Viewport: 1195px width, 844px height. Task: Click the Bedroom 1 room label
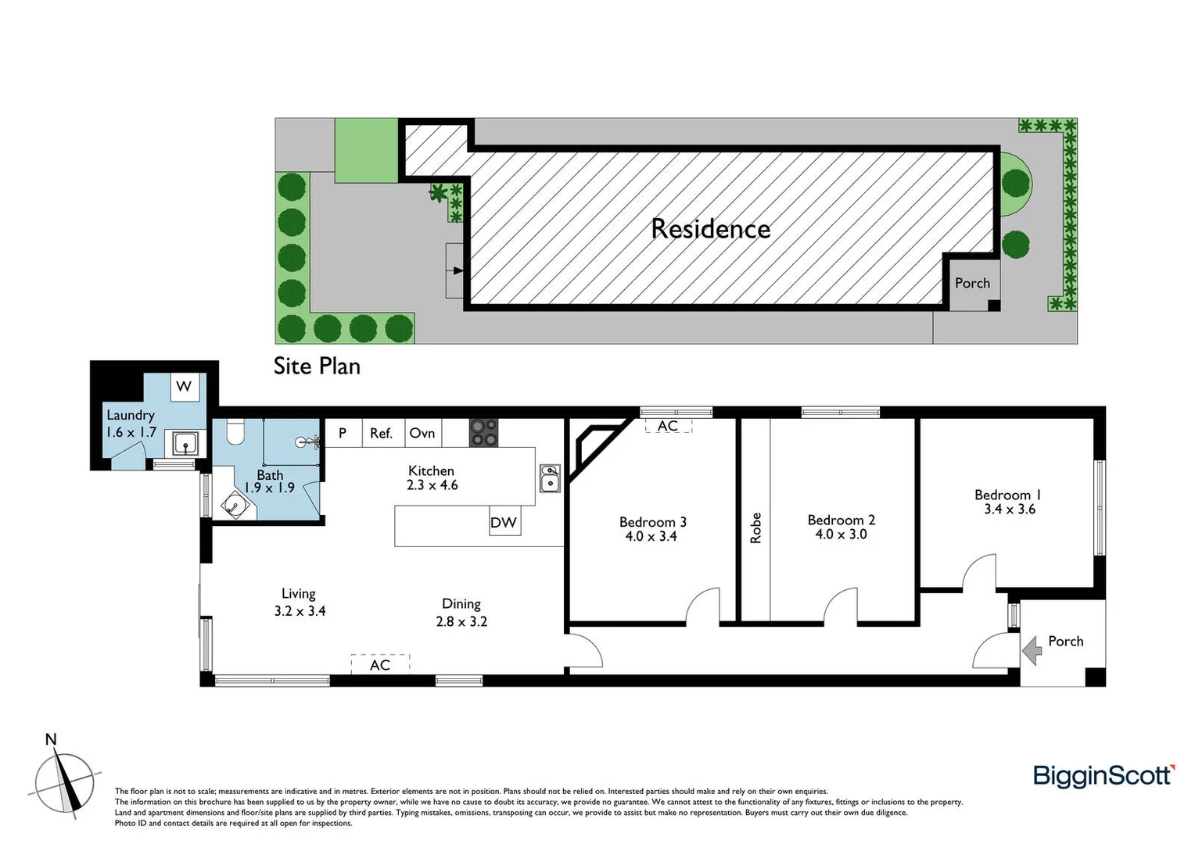pyautogui.click(x=1007, y=495)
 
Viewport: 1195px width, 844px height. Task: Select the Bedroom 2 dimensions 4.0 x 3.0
pyautogui.click(x=841, y=535)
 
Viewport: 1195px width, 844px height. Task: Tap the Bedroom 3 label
pyautogui.click(x=652, y=522)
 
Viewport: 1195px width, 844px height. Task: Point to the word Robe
pyautogui.click(x=755, y=527)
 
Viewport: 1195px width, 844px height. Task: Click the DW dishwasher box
pyautogui.click(x=503, y=522)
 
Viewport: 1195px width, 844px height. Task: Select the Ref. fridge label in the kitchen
pyautogui.click(x=381, y=433)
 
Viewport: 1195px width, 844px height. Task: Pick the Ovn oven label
pyautogui.click(x=422, y=433)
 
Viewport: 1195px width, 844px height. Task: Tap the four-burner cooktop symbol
pyautogui.click(x=483, y=433)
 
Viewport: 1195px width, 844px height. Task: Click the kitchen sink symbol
pyautogui.click(x=550, y=478)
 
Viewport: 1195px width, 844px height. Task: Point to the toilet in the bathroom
pyautogui.click(x=235, y=431)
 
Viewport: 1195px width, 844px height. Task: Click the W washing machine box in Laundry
pyautogui.click(x=184, y=386)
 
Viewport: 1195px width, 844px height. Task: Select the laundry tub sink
pyautogui.click(x=186, y=445)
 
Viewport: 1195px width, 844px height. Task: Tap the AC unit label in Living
pyautogui.click(x=380, y=664)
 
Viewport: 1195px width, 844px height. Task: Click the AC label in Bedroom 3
pyautogui.click(x=668, y=426)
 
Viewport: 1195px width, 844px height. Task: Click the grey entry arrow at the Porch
pyautogui.click(x=1032, y=649)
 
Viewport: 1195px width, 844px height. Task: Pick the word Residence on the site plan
pyautogui.click(x=710, y=229)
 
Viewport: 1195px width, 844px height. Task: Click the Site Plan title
pyautogui.click(x=317, y=366)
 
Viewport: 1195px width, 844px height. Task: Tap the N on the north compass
pyautogui.click(x=51, y=739)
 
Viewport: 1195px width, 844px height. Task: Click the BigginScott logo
pyautogui.click(x=1103, y=776)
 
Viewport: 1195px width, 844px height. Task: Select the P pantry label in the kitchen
pyautogui.click(x=342, y=433)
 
